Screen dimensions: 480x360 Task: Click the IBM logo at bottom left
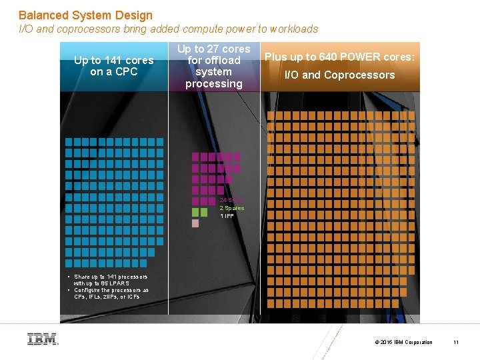point(42,339)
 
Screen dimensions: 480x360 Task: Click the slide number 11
point(456,342)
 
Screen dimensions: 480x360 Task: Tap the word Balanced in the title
point(41,15)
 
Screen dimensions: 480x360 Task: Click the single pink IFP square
point(195,223)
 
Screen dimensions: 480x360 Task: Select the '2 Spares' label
point(232,208)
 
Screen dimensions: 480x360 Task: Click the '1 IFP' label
point(227,216)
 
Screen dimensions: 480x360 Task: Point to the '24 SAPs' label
point(232,200)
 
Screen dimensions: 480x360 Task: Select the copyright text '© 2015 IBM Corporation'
point(404,342)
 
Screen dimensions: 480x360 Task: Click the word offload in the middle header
point(213,61)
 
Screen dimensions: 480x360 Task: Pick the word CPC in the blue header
point(127,72)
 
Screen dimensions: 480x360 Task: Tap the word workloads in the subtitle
point(294,29)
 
